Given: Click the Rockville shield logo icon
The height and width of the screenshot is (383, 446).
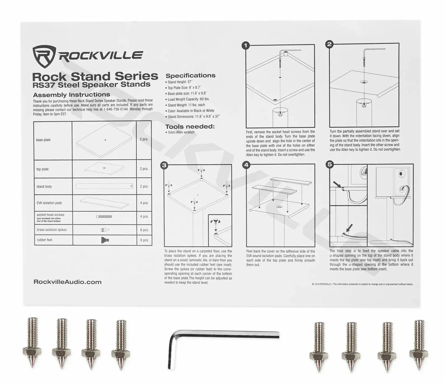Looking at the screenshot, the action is click(x=44, y=57).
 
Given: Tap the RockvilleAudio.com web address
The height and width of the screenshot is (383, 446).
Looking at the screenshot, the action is click(x=67, y=282).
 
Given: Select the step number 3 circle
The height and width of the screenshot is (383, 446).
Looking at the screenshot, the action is click(x=164, y=165).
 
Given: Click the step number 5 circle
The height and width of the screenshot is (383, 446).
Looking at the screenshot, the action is click(x=330, y=164).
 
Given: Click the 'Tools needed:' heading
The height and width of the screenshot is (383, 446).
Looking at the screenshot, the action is click(x=190, y=126).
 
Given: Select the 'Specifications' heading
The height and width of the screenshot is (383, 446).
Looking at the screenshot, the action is click(x=190, y=75).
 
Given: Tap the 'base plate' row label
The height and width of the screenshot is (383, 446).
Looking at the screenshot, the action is click(x=43, y=140).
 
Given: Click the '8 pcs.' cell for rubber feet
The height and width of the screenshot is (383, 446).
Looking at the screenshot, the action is click(x=144, y=240).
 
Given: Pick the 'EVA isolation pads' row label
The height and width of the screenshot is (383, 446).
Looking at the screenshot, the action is click(x=49, y=203).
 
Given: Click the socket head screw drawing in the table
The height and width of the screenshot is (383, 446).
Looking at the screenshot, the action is click(x=104, y=216).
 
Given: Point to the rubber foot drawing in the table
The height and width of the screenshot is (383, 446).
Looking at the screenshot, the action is click(x=105, y=240).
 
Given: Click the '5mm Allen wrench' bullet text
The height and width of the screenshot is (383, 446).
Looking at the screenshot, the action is click(x=181, y=132).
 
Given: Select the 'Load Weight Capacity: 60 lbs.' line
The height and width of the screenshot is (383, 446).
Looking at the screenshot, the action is click(x=188, y=99).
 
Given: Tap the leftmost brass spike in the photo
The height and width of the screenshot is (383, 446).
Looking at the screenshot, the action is click(x=33, y=343).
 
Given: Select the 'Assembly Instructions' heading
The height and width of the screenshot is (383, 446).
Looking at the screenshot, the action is click(x=72, y=95).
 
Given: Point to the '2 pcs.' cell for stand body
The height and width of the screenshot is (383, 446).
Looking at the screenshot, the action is click(x=144, y=186).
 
